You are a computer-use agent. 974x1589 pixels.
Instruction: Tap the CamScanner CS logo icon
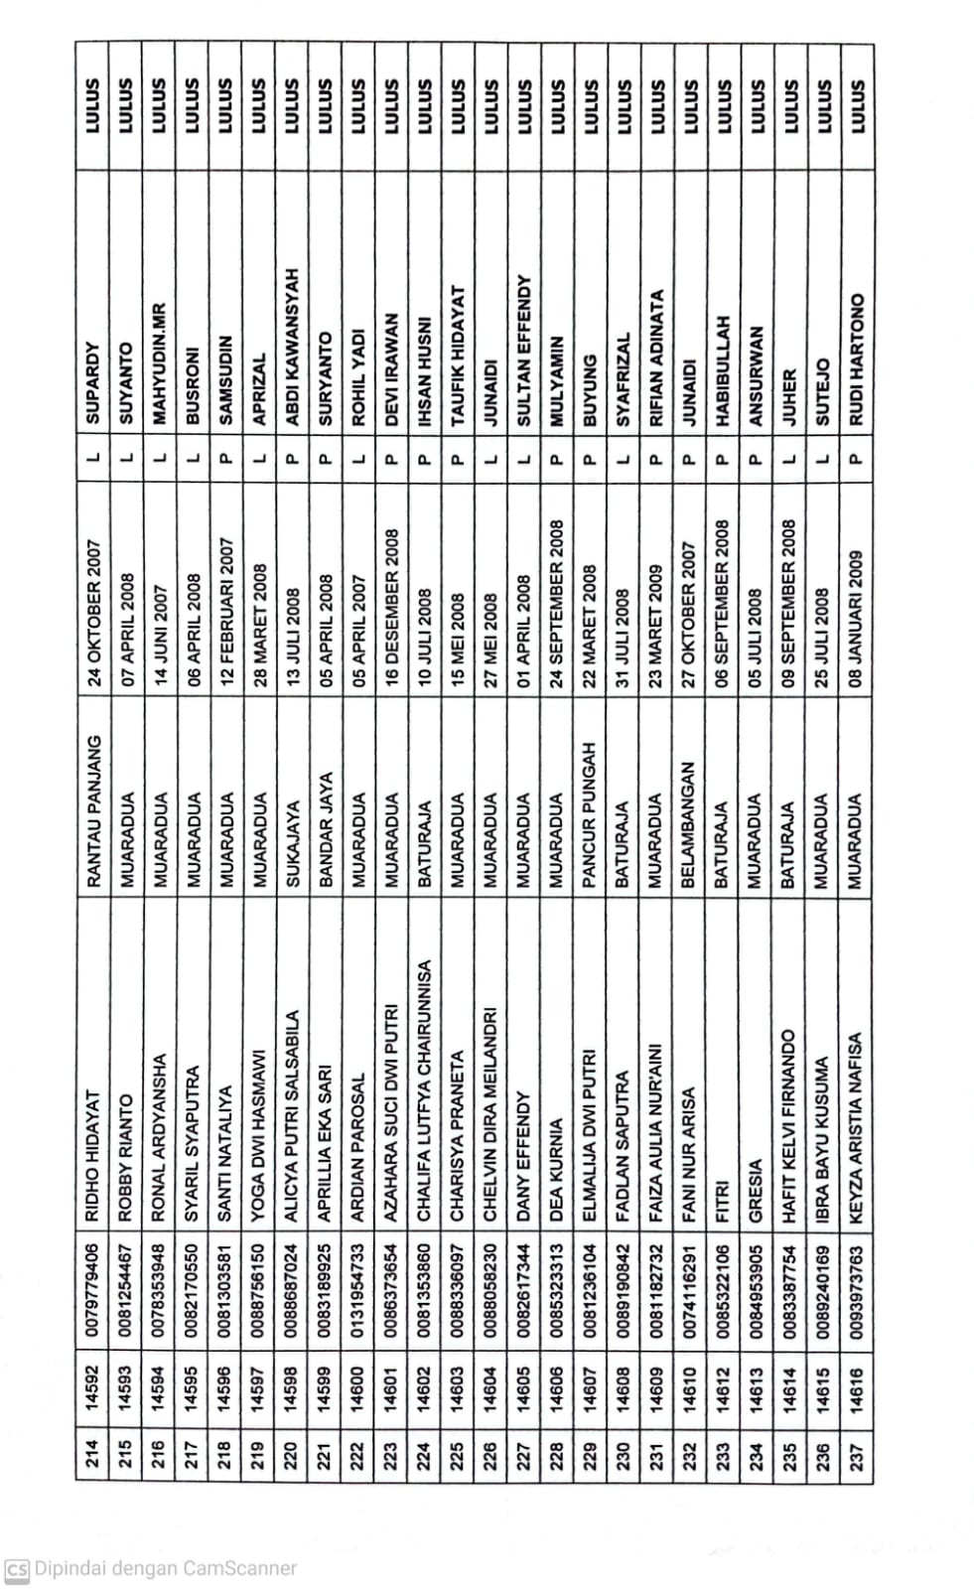(x=17, y=1568)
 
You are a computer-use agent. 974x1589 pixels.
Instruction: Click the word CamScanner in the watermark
(x=237, y=1568)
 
